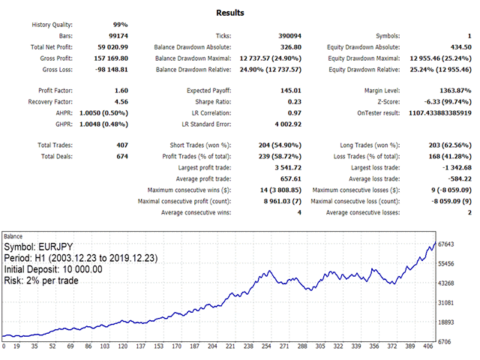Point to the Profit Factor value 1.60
click(119, 90)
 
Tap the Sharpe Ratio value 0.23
click(295, 100)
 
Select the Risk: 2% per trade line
click(41, 280)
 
